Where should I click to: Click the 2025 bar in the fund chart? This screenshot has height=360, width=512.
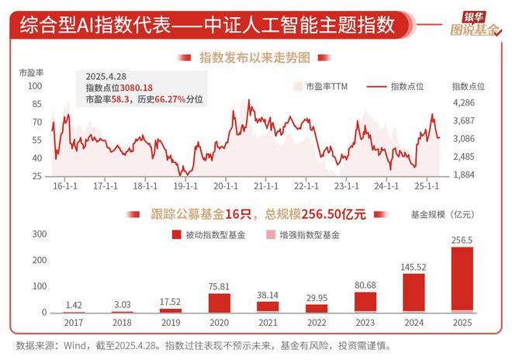click(x=462, y=279)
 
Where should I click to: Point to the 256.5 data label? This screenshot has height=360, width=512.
click(x=462, y=240)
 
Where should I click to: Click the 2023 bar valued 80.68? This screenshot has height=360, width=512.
click(x=365, y=302)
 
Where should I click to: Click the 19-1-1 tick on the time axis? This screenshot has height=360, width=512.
click(x=185, y=186)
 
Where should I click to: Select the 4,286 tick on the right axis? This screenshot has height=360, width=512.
click(x=463, y=102)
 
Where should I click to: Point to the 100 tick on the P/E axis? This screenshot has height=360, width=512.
click(x=36, y=85)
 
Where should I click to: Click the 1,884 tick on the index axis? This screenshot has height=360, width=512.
click(x=463, y=175)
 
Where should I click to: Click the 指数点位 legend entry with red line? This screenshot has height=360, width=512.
click(x=406, y=86)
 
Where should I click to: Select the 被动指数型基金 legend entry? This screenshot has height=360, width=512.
click(x=214, y=234)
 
